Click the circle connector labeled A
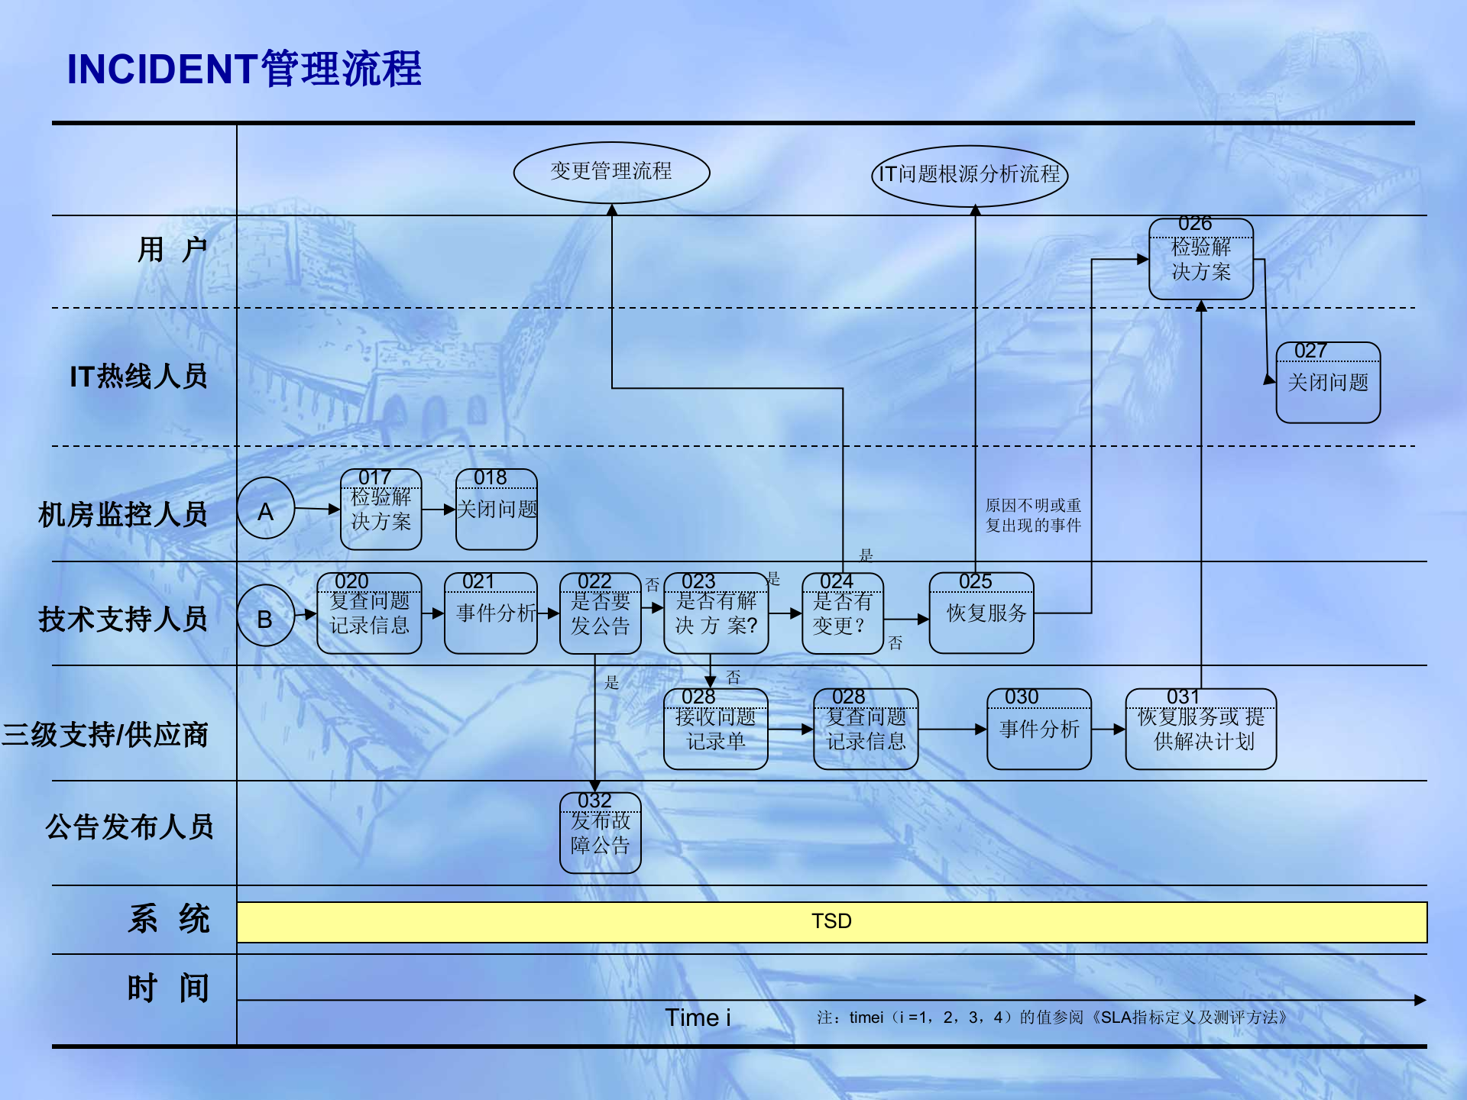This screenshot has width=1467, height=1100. (x=265, y=510)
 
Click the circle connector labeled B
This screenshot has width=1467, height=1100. (x=265, y=616)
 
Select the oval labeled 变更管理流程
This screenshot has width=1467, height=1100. (x=611, y=172)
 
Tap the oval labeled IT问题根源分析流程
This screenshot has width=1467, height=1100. (x=969, y=175)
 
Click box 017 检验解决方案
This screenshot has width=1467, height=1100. (x=381, y=510)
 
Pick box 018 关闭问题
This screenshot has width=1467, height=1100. (x=497, y=510)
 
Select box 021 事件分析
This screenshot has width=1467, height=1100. (x=491, y=613)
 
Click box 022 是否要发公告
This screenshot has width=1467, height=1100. (x=600, y=613)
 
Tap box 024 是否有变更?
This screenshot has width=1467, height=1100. (x=842, y=613)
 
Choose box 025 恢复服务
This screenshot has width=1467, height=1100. (x=981, y=613)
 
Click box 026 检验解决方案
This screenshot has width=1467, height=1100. (x=1200, y=260)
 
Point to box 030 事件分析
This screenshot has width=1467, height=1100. (x=1038, y=730)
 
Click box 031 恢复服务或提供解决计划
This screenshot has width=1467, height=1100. (x=1200, y=730)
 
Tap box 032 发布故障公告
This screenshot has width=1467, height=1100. (x=600, y=833)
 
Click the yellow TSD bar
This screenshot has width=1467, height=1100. (x=831, y=922)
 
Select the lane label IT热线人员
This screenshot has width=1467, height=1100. (x=138, y=377)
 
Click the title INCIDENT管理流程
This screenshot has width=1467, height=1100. (x=244, y=69)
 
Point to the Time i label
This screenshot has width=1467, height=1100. (x=698, y=1017)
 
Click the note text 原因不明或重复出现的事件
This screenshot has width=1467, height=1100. (x=1033, y=516)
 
